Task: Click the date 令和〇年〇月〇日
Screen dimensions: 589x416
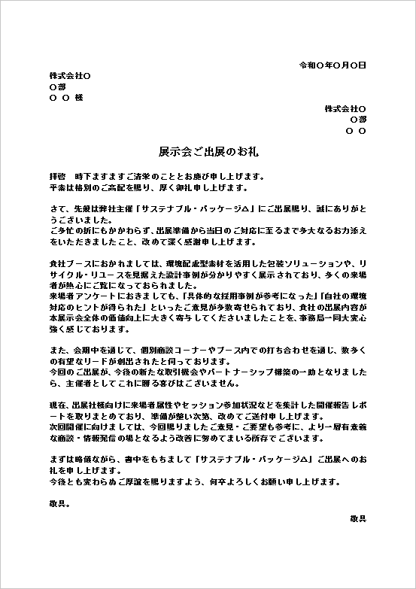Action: [332, 65]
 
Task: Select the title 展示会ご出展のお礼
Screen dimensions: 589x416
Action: [208, 150]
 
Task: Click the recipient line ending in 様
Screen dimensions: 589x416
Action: [65, 99]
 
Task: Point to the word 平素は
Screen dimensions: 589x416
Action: [62, 187]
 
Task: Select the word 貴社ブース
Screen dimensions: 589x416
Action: [70, 264]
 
